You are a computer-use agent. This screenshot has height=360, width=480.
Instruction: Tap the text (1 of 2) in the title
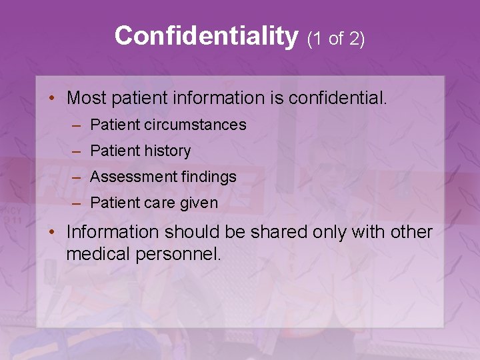pos(335,39)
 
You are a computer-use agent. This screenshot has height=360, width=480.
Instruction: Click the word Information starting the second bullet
pos(113,232)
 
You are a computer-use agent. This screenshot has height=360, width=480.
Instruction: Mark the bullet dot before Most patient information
pos(52,99)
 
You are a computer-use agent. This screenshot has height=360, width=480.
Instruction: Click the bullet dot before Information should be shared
pos(52,232)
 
